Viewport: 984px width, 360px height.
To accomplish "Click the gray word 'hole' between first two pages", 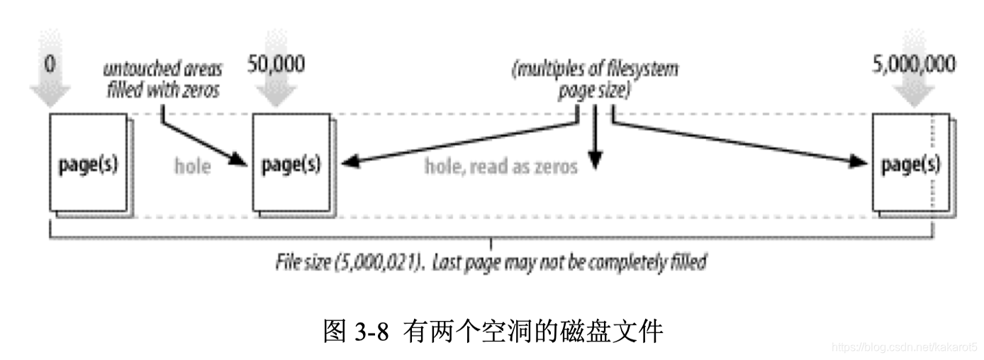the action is (192, 167).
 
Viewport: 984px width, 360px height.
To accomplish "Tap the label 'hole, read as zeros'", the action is (501, 167).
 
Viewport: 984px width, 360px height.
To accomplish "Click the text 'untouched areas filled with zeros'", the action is (162, 79).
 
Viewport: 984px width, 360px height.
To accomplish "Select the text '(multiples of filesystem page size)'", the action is (594, 79).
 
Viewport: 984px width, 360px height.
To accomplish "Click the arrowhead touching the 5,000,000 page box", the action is (861, 163).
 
